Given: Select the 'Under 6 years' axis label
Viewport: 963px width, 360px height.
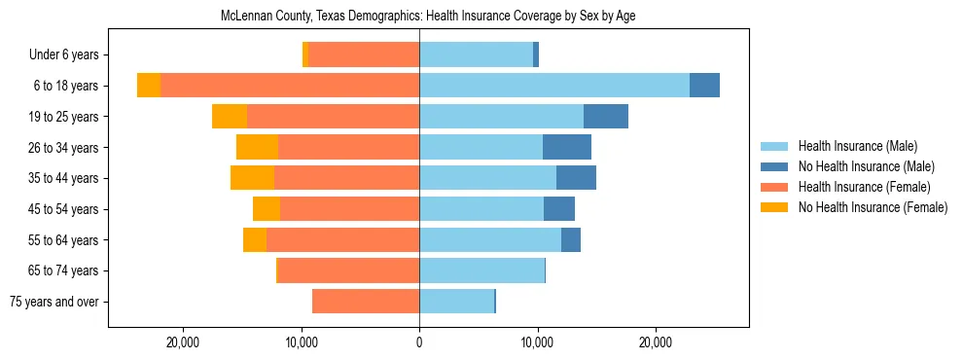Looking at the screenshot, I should pos(70,55).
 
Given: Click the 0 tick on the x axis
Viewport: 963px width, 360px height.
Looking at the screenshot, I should pos(419,342).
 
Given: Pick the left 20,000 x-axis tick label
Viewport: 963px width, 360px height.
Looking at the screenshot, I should pos(183,342).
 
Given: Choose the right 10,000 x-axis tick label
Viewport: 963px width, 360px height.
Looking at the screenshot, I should pos(537,342).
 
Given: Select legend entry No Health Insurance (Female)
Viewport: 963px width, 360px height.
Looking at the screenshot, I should pos(873,207).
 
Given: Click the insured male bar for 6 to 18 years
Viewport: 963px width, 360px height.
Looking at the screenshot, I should pos(554,86).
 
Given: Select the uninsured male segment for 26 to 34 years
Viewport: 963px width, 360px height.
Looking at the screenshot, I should pos(567,147).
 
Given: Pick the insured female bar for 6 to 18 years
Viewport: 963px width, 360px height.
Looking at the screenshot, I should pos(290,86).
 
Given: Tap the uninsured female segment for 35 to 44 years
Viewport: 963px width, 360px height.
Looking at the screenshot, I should pos(252,178).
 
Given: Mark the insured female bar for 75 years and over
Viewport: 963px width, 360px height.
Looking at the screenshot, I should pos(366,302).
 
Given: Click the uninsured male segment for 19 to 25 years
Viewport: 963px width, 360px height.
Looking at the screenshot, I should pos(606,117).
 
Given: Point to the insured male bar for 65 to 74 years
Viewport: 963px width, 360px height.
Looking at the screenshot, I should pos(481,270).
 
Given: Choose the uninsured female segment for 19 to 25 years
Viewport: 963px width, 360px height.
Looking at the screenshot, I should pos(230,117).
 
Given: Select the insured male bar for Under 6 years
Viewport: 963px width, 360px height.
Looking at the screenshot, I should pos(476,55).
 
